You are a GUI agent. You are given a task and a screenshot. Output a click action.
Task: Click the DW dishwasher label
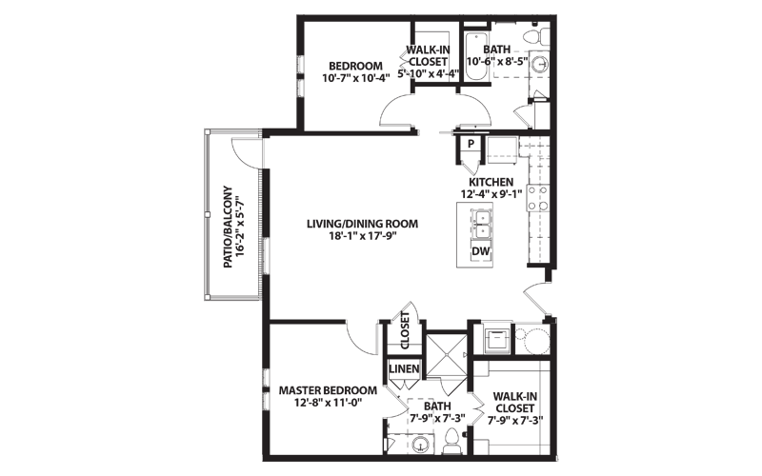(481, 251)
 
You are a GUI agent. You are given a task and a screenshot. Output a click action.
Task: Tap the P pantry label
(471, 144)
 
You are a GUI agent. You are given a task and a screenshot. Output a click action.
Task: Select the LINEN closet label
(404, 368)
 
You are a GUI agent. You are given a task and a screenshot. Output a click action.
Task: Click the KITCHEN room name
(491, 182)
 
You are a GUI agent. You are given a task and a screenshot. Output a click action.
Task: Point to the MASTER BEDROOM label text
(328, 390)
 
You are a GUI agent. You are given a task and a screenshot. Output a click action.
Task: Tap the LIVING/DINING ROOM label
(363, 224)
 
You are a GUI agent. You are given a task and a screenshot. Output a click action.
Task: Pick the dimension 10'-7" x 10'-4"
(356, 78)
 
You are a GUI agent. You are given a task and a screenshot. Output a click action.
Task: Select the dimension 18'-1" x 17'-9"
(363, 236)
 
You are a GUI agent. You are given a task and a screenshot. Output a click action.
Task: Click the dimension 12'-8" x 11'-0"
(329, 402)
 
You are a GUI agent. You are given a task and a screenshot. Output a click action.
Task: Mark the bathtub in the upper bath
(476, 57)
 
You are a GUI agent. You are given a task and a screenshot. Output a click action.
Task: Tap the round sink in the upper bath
(538, 65)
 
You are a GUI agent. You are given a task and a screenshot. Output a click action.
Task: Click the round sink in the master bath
(419, 445)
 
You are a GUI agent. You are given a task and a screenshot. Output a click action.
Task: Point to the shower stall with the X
(446, 355)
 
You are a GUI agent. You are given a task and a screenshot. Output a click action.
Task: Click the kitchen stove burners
(537, 198)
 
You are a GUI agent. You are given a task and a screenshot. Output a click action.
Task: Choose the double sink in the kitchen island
(482, 225)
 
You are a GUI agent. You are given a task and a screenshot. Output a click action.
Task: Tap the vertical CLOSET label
(405, 330)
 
